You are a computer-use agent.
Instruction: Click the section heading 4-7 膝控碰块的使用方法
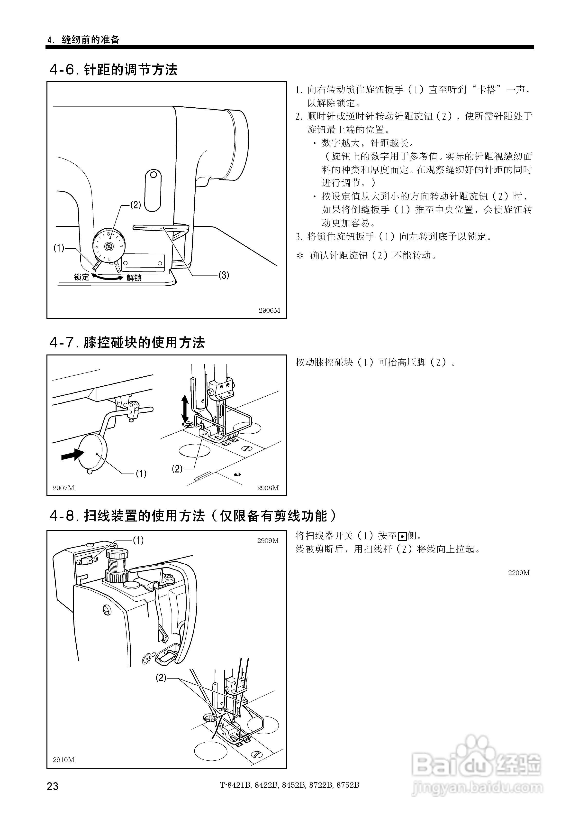pos(127,343)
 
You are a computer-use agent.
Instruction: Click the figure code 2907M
pos(63,488)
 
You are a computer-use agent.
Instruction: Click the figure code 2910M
pos(63,760)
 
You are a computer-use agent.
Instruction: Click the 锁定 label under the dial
pos(81,277)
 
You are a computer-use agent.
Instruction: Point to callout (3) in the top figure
pos(224,275)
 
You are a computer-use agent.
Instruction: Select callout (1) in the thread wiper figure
pos(138,540)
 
